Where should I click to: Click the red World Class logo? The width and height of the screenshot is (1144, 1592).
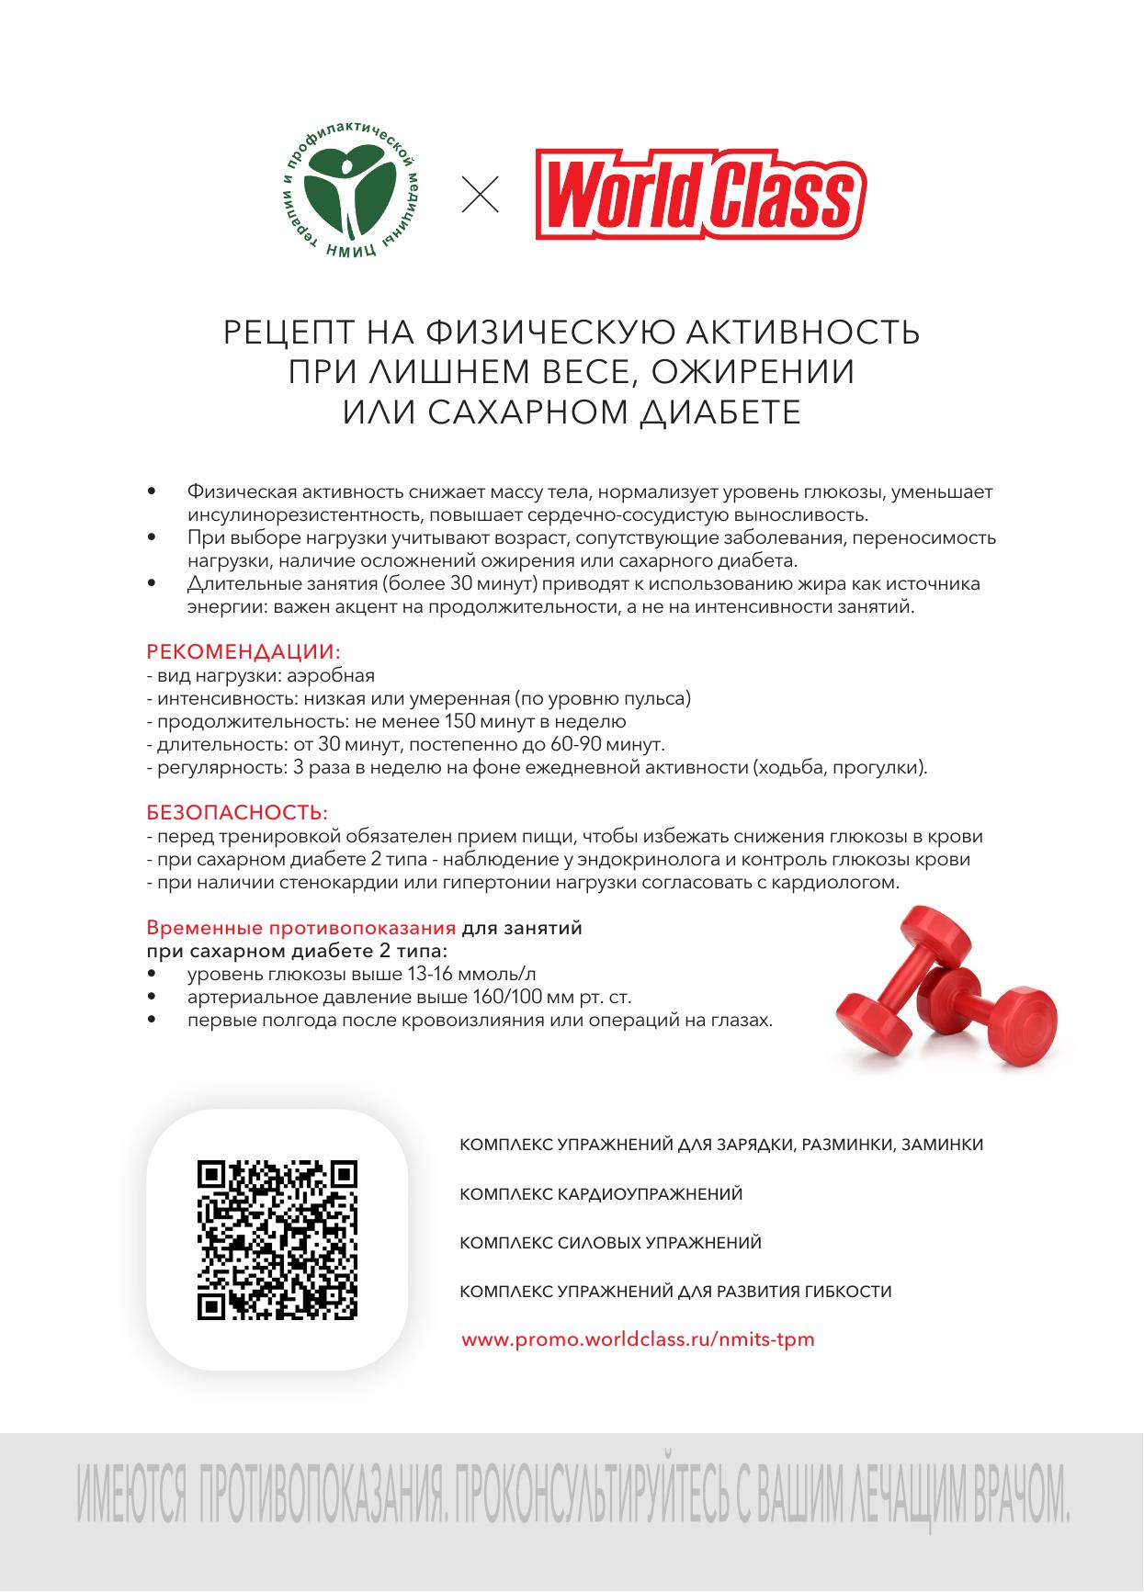702,196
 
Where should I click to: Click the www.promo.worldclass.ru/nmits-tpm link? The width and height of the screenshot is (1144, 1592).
638,1339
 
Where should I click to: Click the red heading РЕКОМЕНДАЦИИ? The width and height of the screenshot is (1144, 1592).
244,653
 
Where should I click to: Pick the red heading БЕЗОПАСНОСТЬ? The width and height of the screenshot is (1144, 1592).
237,814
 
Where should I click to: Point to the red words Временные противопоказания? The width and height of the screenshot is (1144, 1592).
301,928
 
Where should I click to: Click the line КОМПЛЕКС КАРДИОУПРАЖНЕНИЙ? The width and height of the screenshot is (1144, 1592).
601,1194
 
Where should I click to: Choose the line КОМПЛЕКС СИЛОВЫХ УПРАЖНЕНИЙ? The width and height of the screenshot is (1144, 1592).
610,1243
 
